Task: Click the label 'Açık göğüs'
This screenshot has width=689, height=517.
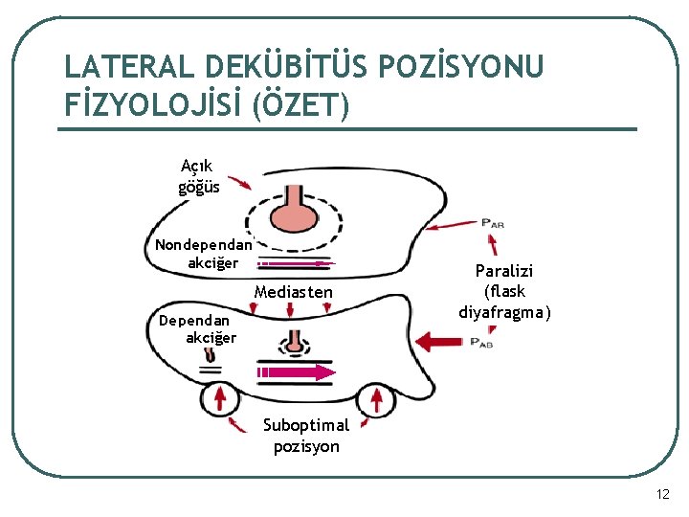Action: pyautogui.click(x=198, y=176)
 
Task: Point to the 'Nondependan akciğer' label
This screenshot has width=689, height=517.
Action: pyautogui.click(x=203, y=253)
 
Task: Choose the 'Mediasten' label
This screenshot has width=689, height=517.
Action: pyautogui.click(x=294, y=292)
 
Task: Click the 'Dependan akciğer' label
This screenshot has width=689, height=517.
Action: pyautogui.click(x=198, y=328)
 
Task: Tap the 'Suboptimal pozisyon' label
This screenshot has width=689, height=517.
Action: pyautogui.click(x=306, y=436)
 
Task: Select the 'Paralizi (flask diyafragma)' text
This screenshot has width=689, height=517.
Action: pyautogui.click(x=505, y=291)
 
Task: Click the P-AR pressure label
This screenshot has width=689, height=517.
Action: pyautogui.click(x=493, y=224)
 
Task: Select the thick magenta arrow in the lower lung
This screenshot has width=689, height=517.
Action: pyautogui.click(x=295, y=371)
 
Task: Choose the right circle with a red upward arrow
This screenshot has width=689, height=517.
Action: pyautogui.click(x=375, y=397)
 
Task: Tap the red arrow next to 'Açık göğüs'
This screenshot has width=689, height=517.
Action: pyautogui.click(x=239, y=181)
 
